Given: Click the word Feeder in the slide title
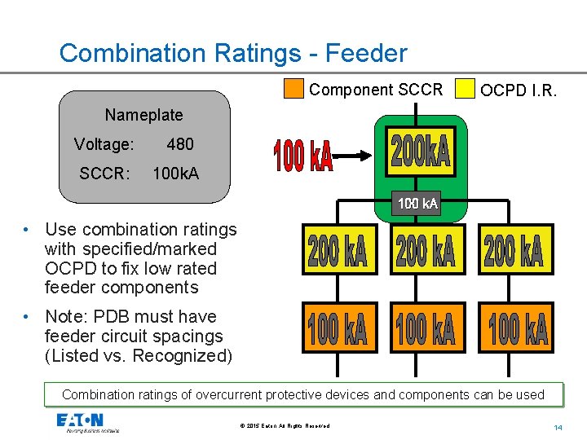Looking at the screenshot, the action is [366, 53].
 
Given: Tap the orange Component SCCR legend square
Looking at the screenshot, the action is [293, 88].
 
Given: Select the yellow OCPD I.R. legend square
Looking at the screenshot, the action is [465, 88].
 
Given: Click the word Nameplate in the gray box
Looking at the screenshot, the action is [143, 115].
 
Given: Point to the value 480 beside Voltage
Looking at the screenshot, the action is [180, 144].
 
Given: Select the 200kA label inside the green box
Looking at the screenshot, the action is [420, 152].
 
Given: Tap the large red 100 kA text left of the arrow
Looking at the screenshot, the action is [302, 156].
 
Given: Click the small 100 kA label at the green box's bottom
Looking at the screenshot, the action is [417, 203].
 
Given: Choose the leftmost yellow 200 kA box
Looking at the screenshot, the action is [338, 249].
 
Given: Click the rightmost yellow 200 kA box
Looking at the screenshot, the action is [514, 249].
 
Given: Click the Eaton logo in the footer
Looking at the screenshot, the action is [79, 422].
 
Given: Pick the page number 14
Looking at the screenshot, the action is [558, 427].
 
